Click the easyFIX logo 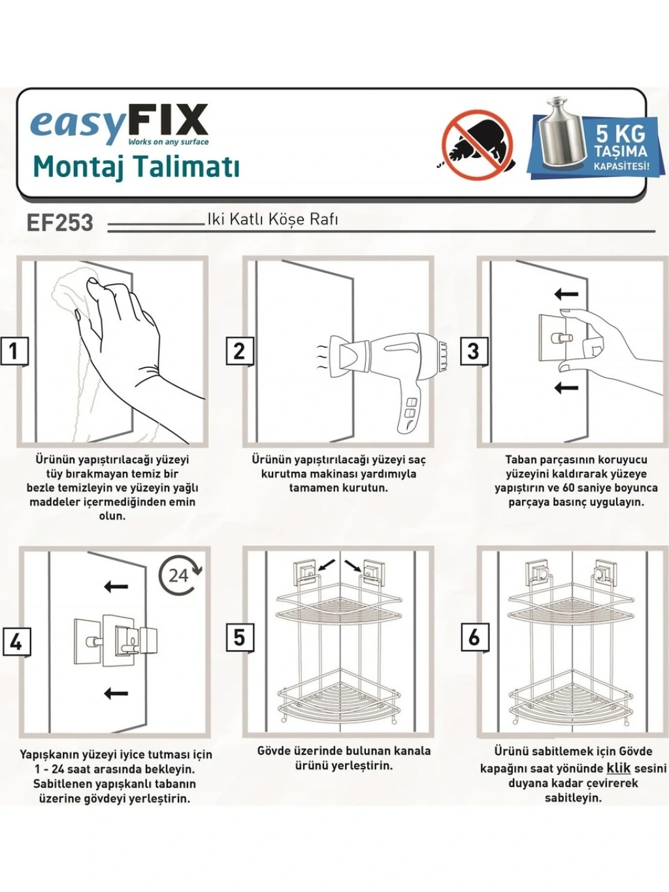(120, 125)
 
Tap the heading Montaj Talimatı (137, 167)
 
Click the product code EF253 (59, 223)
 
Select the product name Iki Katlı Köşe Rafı (272, 220)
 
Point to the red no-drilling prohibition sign (478, 145)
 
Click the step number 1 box (14, 351)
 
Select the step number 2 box (240, 351)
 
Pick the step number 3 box (474, 351)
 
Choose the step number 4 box (16, 642)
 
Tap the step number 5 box (240, 637)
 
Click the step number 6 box (474, 637)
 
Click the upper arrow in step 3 (566, 293)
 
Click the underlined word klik (619, 768)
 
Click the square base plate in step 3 (557, 338)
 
